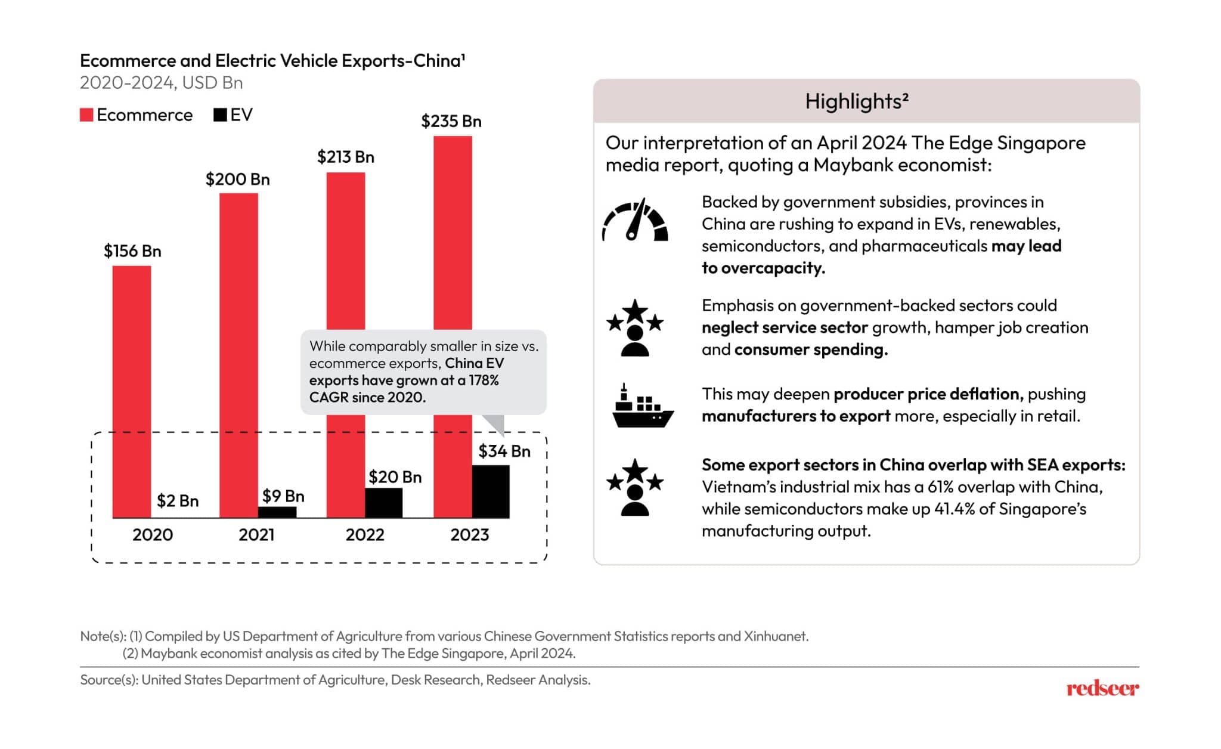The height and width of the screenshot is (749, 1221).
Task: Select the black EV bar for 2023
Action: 491,491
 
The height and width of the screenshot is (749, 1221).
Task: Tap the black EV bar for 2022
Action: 383,503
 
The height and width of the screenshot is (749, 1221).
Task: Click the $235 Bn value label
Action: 451,122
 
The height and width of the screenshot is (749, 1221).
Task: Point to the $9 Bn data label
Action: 283,496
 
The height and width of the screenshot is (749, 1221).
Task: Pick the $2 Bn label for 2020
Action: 178,501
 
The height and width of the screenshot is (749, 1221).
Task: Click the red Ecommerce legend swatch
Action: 86,115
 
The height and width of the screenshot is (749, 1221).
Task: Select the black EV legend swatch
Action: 220,115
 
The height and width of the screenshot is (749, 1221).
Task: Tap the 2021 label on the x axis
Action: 256,535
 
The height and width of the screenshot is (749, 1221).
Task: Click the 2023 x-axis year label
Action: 470,535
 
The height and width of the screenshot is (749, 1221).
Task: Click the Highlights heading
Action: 857,101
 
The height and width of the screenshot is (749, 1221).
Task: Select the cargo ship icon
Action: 642,407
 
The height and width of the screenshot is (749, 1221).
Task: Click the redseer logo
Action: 1102,689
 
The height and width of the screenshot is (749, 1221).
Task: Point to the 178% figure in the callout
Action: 484,380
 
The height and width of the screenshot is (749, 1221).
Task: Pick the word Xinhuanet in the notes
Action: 775,636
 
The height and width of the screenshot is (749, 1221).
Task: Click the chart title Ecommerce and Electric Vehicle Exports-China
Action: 272,61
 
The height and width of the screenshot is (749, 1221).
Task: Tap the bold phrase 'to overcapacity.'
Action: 763,268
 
